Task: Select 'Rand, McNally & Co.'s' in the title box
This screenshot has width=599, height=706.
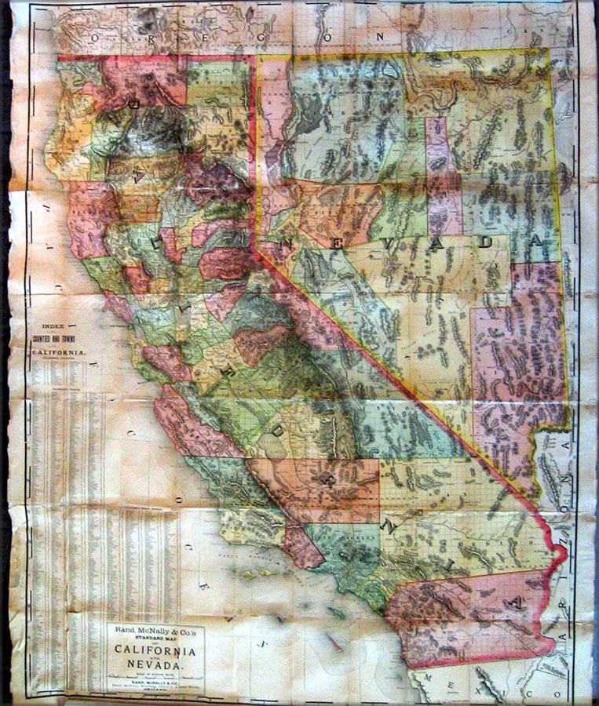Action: point(155,633)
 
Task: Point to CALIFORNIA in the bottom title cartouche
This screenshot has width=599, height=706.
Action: point(155,651)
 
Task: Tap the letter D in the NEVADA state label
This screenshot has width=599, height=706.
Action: point(486,243)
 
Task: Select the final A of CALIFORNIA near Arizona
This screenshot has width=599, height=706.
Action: point(514,602)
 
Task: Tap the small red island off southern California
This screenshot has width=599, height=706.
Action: point(335,644)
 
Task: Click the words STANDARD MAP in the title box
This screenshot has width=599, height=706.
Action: point(155,642)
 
